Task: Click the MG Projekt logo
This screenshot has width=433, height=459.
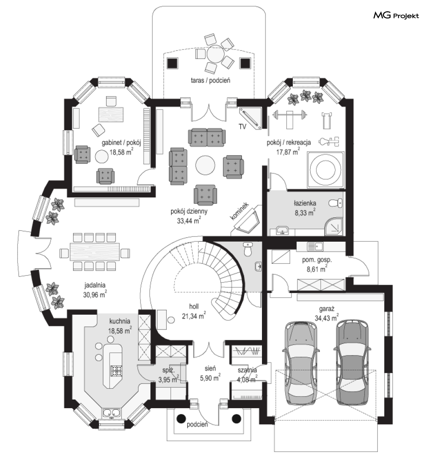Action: pos(396,15)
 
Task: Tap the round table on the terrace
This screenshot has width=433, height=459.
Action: pos(215,54)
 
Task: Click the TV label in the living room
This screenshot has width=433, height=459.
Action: pos(242,127)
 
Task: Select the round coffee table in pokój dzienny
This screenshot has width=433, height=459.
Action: pos(205,165)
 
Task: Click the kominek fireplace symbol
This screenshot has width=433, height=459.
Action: pos(247,220)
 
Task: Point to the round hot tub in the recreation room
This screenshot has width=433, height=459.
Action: pos(326,170)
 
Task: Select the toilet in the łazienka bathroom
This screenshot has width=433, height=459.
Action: pos(336,203)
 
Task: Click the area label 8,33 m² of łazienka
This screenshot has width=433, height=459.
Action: pos(305,213)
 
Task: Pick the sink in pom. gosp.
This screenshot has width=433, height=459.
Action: pos(315,247)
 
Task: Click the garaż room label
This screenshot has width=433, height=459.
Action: pos(327,309)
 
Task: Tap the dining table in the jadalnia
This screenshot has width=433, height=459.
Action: pos(95,252)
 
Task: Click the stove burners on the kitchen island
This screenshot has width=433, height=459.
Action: pos(116,371)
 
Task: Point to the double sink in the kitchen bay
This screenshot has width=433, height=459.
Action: pos(112,413)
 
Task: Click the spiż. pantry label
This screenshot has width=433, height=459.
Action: pos(168,370)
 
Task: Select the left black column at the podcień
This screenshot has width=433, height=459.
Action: pos(181,419)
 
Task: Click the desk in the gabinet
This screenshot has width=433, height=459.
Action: pos(111,114)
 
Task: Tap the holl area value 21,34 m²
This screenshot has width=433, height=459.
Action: pos(194,316)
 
